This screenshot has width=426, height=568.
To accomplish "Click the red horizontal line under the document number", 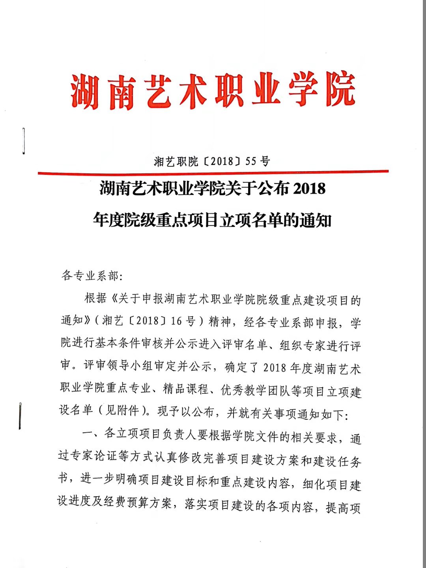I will click(x=213, y=172).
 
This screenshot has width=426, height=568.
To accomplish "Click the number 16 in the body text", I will click(x=176, y=321).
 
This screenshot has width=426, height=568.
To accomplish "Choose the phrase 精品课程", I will click(x=186, y=389).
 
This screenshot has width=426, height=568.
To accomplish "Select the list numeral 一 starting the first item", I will click(x=87, y=433).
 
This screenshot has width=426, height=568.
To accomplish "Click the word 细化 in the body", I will click(x=314, y=484).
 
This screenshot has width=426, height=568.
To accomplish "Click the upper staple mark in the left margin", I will click(x=24, y=140).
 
